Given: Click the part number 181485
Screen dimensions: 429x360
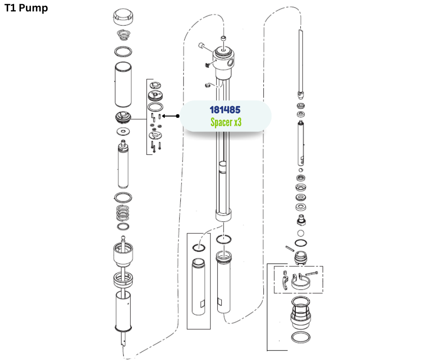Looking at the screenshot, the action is coord(225,110).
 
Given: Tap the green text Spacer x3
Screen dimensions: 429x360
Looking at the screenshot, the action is coord(226,122).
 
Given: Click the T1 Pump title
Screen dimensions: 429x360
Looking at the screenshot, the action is coord(26,8).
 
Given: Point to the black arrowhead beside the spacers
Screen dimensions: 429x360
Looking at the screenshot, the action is coord(164,116).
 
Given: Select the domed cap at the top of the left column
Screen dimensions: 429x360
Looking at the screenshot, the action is coord(123,17).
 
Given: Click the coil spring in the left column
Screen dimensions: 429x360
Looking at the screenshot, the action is coord(123,213).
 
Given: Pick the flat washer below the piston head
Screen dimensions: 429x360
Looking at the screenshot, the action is coord(123,132).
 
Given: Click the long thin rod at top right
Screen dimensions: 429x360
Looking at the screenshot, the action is coord(301,62).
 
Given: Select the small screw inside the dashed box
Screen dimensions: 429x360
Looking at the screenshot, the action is coord(311,273).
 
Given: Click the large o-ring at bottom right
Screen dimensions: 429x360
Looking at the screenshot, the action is coord(301,337).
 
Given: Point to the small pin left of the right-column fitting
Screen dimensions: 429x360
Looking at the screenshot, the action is coord(290,249).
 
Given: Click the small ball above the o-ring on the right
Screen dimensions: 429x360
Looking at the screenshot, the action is coord(301,233).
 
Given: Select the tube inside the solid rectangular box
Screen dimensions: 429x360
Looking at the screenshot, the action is coord(199,287).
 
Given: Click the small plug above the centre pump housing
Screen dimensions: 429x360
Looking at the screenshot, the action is coord(224,38).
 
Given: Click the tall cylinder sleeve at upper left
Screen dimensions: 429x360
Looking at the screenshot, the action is coord(123,85).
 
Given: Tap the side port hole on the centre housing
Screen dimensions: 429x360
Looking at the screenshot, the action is coord(230,63).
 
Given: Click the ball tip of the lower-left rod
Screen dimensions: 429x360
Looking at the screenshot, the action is coord(123,238).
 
